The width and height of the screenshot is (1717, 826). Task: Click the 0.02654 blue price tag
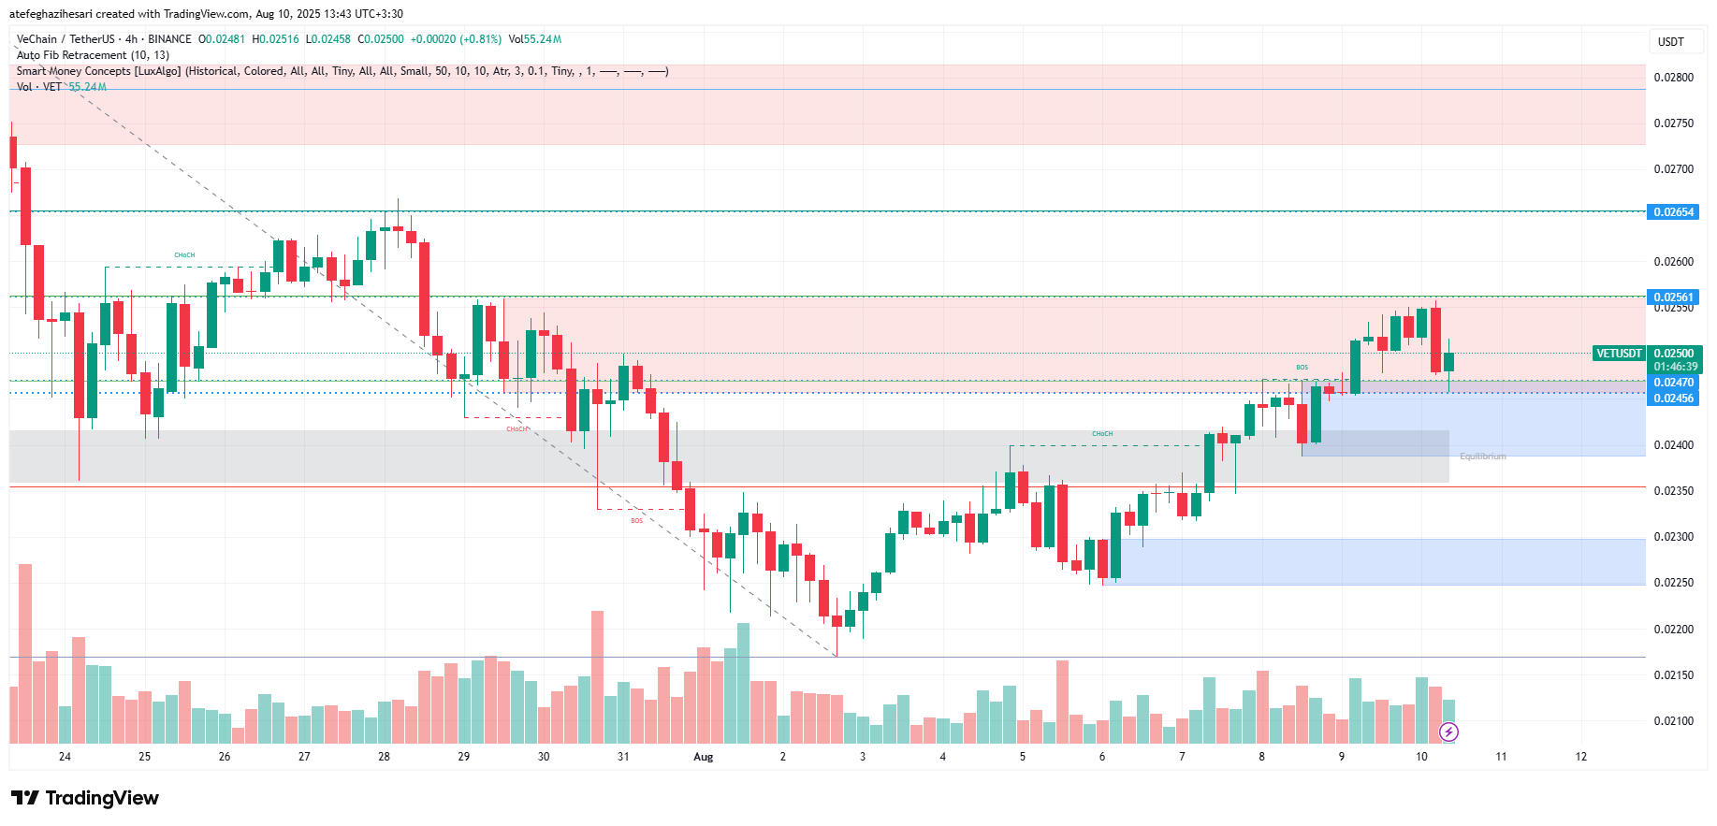pos(1673,212)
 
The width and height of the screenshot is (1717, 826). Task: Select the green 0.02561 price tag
pos(1673,297)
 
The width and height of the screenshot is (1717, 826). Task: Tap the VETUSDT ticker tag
pos(1619,354)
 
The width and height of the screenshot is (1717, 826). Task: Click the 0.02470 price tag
pos(1673,383)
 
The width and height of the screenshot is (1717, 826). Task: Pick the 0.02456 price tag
pos(1673,399)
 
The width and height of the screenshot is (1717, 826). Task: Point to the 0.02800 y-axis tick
pos(1673,78)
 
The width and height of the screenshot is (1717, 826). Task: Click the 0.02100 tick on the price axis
pos(1673,721)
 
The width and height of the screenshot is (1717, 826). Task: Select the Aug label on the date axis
pos(703,757)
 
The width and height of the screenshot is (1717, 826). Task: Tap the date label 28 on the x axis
pos(384,757)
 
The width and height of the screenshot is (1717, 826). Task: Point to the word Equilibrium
pos(1483,456)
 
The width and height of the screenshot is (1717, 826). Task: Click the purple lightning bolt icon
pos(1448,732)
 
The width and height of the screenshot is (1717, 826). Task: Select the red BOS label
pos(636,521)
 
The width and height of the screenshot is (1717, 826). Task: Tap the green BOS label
pos(1302,368)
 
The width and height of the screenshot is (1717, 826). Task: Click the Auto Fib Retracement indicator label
pos(93,55)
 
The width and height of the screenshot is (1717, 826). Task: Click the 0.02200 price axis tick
pos(1673,630)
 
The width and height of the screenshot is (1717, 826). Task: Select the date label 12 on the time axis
pos(1580,757)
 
